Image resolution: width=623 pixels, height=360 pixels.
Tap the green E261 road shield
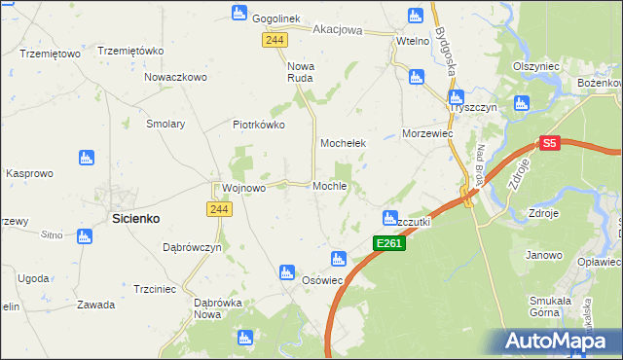point(388,242)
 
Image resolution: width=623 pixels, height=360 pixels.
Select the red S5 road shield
point(549,143)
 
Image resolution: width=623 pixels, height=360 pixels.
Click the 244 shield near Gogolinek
point(274,38)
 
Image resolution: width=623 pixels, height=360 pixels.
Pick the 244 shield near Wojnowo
point(218,209)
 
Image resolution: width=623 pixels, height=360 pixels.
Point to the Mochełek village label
point(343,143)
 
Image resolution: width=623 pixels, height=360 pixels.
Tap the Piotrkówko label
point(258,125)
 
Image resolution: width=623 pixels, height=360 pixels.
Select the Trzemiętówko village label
point(129,51)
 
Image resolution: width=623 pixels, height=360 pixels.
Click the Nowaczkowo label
point(175,76)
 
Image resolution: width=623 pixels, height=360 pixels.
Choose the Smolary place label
point(165,125)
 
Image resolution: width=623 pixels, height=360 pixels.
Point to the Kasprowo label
point(29,172)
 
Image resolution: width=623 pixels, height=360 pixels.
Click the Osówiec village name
point(322,280)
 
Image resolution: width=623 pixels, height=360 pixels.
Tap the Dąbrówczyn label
point(193,248)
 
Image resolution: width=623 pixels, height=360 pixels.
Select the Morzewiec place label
point(428,133)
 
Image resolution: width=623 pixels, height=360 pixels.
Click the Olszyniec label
point(535,66)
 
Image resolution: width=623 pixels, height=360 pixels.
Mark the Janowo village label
point(544,255)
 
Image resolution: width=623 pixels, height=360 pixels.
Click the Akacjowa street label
point(337,30)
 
